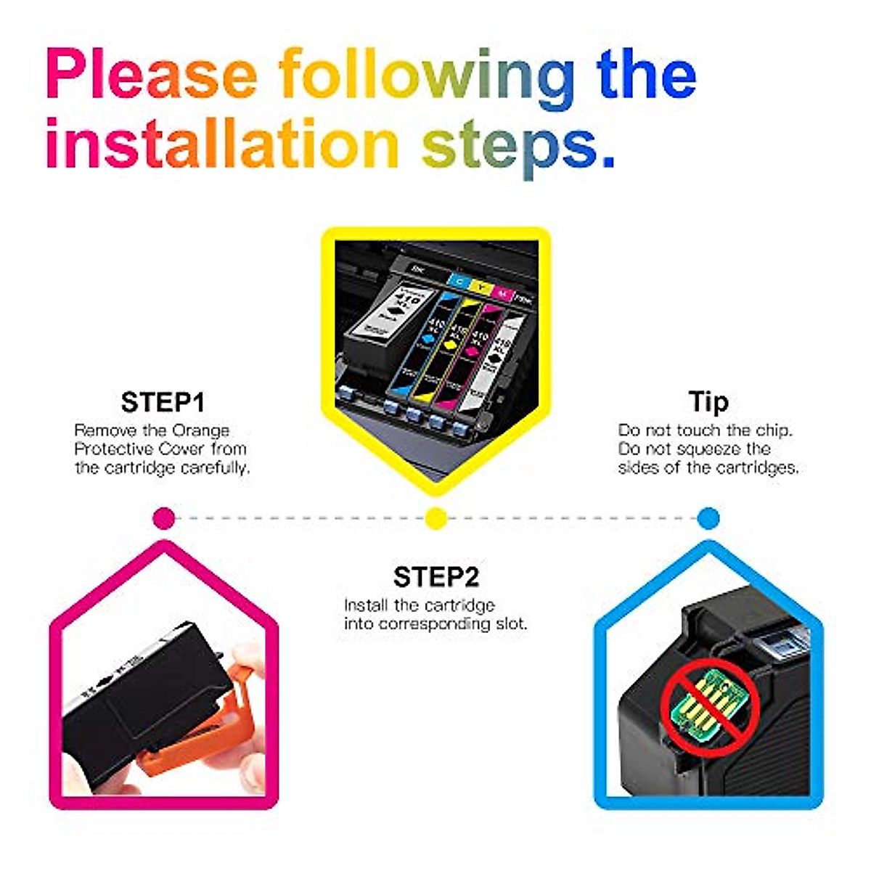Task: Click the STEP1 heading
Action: coord(163,402)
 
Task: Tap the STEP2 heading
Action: coord(435,577)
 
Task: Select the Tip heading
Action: coord(708,401)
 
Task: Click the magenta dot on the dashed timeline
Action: coord(165,518)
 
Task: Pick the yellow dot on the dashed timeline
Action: coord(435,518)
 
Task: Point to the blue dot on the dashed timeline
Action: coord(708,518)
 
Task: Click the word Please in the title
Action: coord(151,75)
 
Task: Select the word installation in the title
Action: coord(221,144)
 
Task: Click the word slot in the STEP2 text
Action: coord(510,624)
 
